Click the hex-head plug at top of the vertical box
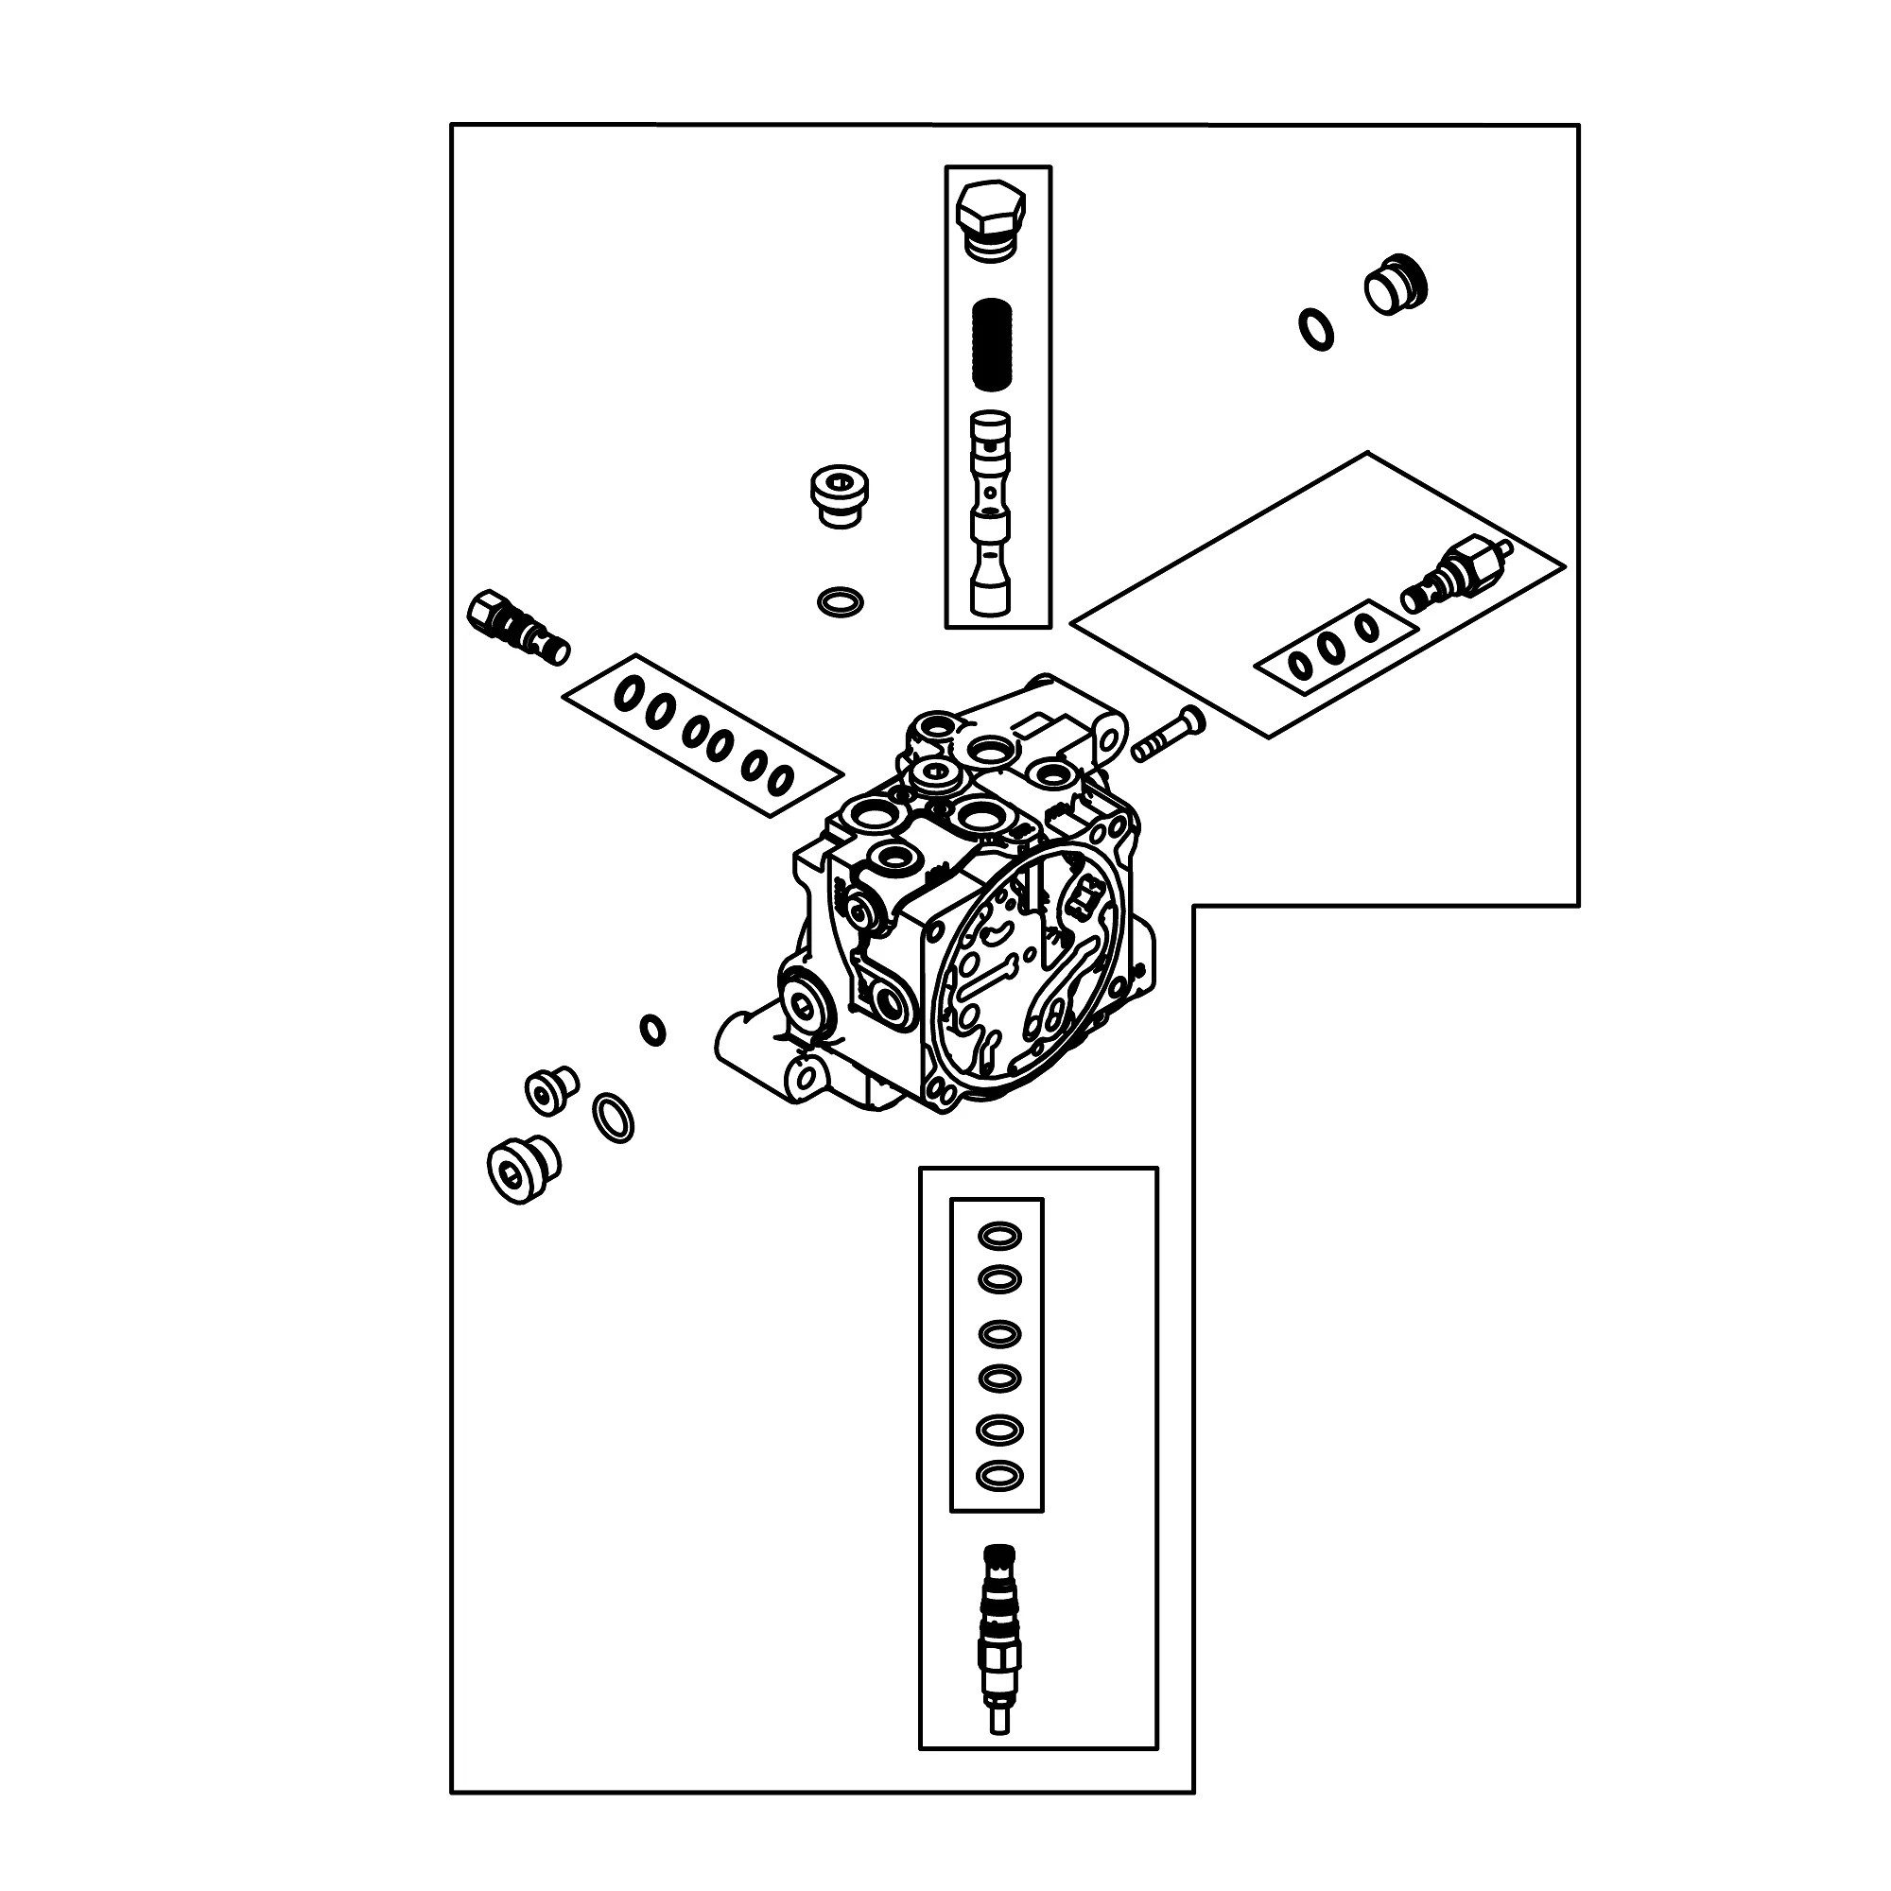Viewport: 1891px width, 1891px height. [x=991, y=219]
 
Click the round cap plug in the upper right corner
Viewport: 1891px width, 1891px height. [x=1395, y=285]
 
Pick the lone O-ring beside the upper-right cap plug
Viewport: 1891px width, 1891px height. [x=1316, y=330]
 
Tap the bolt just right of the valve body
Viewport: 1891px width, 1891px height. [x=1169, y=735]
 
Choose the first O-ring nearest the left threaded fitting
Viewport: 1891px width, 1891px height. [x=629, y=693]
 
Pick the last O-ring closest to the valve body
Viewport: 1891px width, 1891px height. [x=780, y=780]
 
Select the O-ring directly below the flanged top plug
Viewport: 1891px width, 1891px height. [x=840, y=602]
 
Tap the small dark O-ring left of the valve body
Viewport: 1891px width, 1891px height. [x=652, y=1030]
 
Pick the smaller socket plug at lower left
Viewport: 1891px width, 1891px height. [x=550, y=1089]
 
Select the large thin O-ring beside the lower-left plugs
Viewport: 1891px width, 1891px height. [x=614, y=1117]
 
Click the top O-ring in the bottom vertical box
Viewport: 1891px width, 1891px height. [x=999, y=1236]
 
